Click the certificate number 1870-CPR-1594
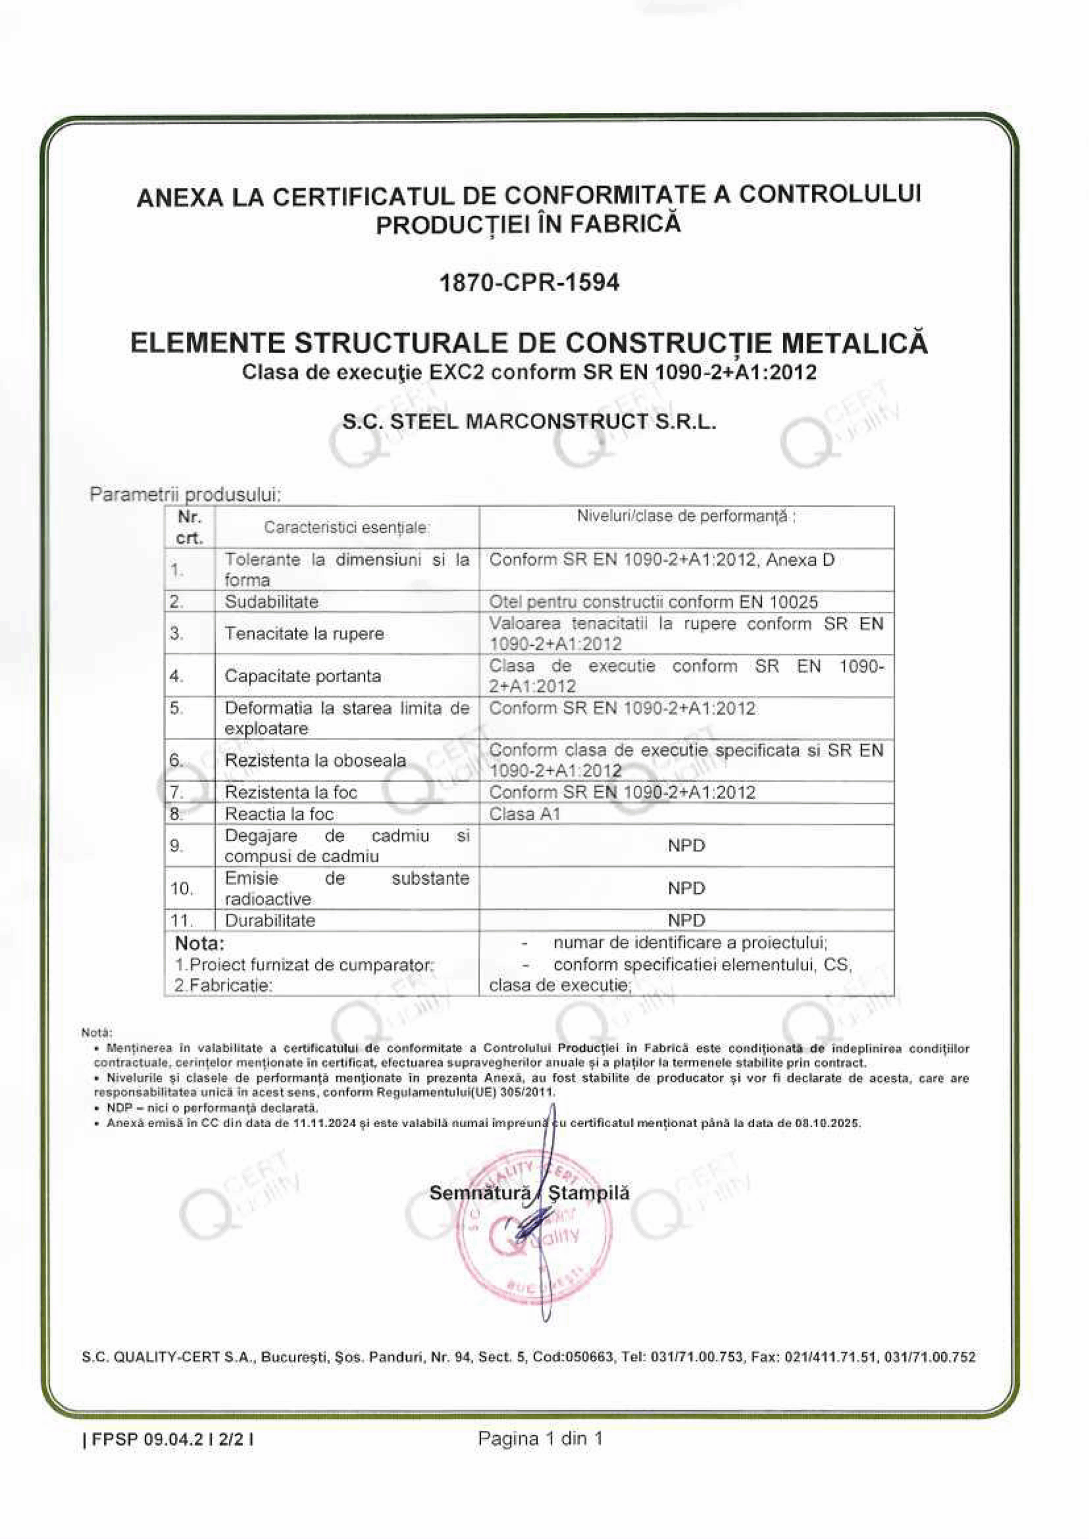tap(529, 283)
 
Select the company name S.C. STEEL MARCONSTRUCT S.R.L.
tap(529, 422)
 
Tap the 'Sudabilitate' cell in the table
tap(271, 601)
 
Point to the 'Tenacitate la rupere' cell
tap(304, 634)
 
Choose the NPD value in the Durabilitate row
tap(686, 920)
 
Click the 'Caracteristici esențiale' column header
tap(346, 527)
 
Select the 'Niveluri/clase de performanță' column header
tap(686, 517)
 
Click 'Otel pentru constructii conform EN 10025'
tap(653, 602)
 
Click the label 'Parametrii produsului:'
tap(185, 495)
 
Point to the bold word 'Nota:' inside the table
tap(199, 943)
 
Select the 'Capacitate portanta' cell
tap(302, 676)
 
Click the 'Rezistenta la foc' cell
tap(290, 792)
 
